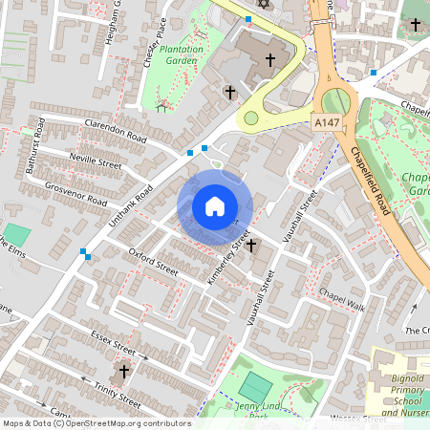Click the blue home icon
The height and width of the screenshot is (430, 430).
[x=214, y=206]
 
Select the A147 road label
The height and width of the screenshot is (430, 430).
[x=326, y=123]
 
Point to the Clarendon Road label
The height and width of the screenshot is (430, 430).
[x=116, y=130]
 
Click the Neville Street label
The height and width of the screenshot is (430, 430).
[x=95, y=162]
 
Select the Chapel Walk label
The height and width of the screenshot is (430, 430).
[x=342, y=299]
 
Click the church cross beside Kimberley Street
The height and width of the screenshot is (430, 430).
[x=251, y=246]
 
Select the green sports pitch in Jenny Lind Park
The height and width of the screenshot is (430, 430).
[x=255, y=387]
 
